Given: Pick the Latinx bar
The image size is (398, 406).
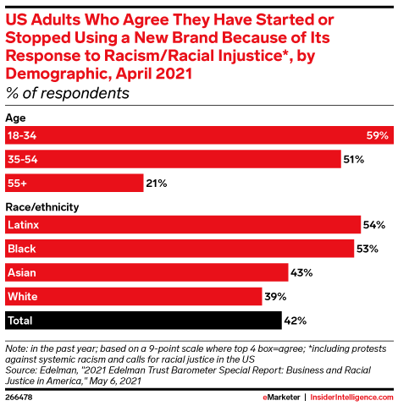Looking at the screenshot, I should tap(183, 225).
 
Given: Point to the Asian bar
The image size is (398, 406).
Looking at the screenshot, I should tap(146, 272).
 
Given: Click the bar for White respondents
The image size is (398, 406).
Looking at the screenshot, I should tap(134, 296).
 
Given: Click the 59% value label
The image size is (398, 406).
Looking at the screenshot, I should tap(378, 135).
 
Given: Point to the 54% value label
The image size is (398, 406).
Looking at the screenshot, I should tap(376, 225).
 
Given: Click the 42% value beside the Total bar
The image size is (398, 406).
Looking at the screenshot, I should tap(296, 321).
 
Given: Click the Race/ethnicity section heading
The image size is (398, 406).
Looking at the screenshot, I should tap(41, 206).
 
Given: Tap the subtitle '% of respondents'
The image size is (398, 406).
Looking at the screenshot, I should tap(68, 93).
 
